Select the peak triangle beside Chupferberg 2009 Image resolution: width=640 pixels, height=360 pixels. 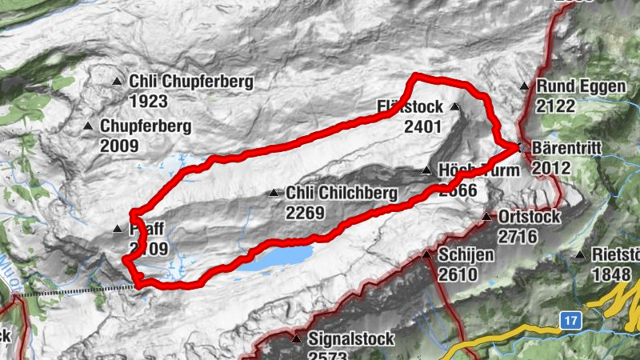88,126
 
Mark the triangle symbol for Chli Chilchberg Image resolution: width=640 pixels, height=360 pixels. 274,193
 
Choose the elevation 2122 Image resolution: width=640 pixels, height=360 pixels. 558,106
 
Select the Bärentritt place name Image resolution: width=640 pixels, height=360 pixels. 564,149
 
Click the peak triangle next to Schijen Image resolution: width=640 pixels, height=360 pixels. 426,255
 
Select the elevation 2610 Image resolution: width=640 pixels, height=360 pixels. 458,275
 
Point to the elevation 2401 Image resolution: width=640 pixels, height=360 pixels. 423,126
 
